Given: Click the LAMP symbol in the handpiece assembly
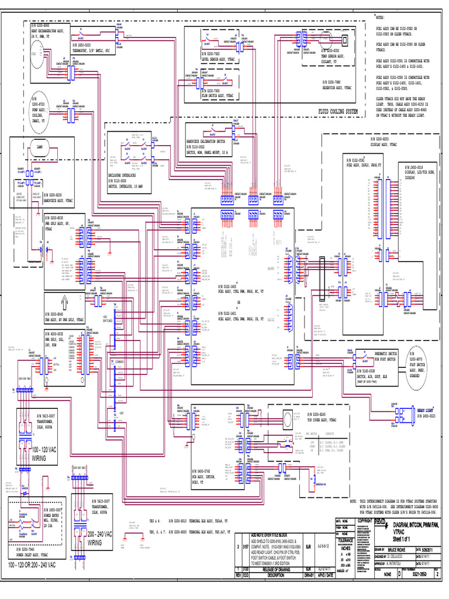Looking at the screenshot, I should pyautogui.click(x=41, y=148).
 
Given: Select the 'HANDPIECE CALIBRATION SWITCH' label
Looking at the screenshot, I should pyautogui.click(x=211, y=143).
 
